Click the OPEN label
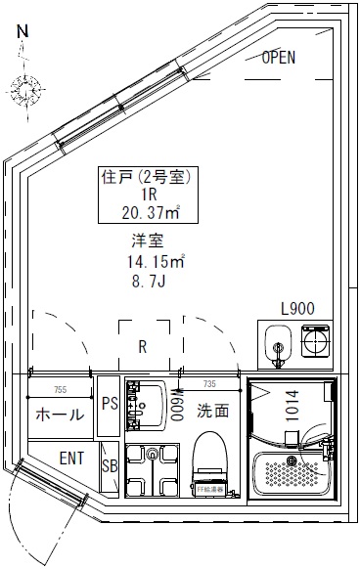point(278,58)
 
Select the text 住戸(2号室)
point(145,178)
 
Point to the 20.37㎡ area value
point(145,213)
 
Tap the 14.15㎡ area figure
point(155,262)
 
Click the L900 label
point(297,308)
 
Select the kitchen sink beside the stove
point(277,345)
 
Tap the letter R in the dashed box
point(143,346)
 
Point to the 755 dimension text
point(60,390)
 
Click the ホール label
point(60,415)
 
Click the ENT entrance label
point(70,458)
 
